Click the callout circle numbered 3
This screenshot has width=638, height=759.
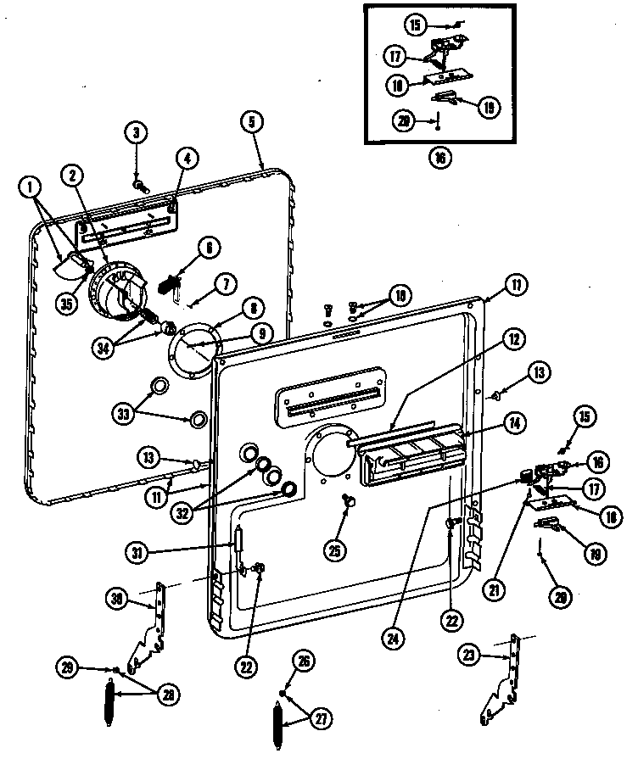(136, 131)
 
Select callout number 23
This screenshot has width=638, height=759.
(469, 654)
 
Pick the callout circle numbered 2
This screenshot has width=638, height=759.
(74, 176)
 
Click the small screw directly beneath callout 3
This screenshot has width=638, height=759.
(138, 182)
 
